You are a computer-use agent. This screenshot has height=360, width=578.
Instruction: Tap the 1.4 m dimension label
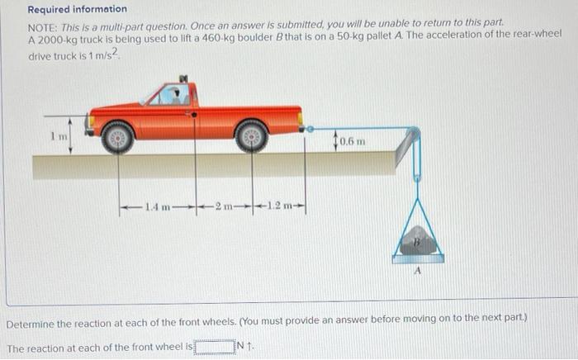pos(158,207)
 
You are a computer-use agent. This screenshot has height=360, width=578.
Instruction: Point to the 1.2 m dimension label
pos(279,206)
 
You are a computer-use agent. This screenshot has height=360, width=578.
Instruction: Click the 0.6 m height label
pos(353,141)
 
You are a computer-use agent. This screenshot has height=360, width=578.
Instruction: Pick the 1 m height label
pos(59,136)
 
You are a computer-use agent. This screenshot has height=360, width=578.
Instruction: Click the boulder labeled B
pos(417,240)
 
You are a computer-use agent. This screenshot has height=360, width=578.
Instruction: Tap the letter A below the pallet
pos(417,271)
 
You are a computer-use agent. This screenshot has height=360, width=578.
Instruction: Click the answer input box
pos(215,347)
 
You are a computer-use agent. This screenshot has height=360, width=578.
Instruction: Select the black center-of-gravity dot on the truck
pos(194,115)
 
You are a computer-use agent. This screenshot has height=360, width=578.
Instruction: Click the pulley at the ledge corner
pos(414,133)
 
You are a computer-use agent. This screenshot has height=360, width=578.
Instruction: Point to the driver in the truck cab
pos(176,95)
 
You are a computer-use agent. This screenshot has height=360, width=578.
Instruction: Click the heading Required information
pos(78,9)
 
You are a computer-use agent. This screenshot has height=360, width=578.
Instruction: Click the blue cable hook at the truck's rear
pos(310,129)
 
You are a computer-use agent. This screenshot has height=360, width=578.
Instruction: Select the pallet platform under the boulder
pos(418,258)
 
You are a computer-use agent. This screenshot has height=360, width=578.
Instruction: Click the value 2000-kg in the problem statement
pos(57,40)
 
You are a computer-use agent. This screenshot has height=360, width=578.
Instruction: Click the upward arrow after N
pos(249,346)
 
